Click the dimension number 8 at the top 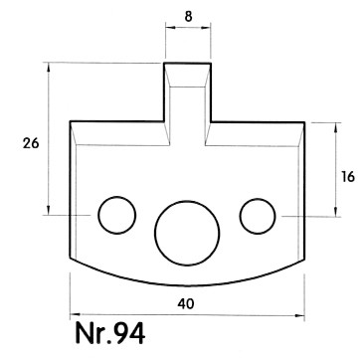pyautogui.click(x=188, y=16)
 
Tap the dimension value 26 pyautogui.click(x=31, y=143)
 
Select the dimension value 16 pyautogui.click(x=348, y=177)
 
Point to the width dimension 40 pyautogui.click(x=186, y=303)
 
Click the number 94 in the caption pyautogui.click(x=129, y=333)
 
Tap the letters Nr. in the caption pyautogui.click(x=94, y=333)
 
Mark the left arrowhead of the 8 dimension pyautogui.click(x=169, y=28)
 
